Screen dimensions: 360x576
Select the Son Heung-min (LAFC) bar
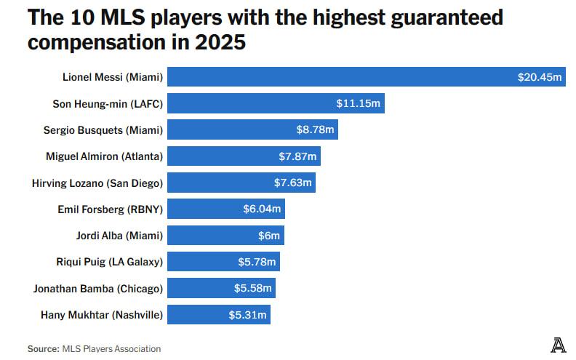pos(276,103)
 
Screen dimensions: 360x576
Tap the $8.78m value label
pos(314,129)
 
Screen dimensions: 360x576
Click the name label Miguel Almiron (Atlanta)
pos(104,156)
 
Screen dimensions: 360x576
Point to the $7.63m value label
pos(293,183)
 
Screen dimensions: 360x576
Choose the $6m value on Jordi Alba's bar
pos(266,236)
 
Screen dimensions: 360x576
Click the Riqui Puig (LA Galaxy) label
pos(109,262)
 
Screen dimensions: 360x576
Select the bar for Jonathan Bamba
pos(222,288)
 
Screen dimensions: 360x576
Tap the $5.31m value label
pos(248,315)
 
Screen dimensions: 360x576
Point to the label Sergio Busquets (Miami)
pos(103,129)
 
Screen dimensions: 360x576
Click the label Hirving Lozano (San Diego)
pos(97,183)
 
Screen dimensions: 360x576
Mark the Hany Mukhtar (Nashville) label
pos(102,315)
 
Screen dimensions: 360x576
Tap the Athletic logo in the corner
pos(558,345)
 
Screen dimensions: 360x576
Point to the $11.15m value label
pos(358,103)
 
